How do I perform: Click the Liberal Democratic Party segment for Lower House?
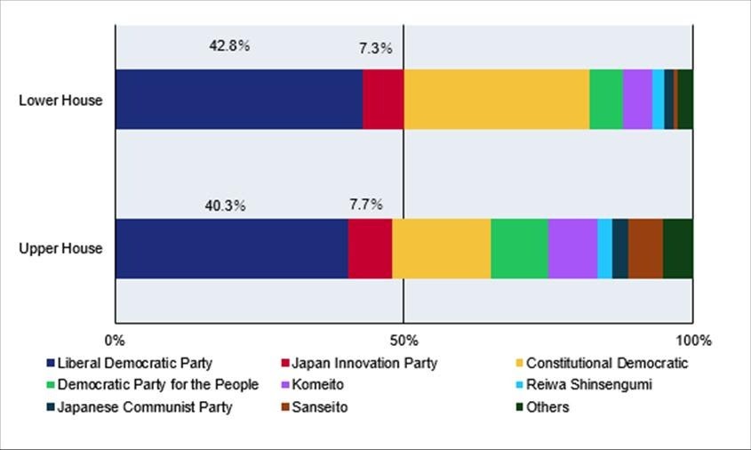click(238, 99)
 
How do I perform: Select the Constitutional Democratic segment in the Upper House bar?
click(441, 248)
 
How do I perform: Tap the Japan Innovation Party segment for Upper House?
click(370, 248)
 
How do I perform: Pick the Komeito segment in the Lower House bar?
click(637, 99)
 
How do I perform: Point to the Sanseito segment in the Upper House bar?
click(645, 248)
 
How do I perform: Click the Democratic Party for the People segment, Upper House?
click(519, 248)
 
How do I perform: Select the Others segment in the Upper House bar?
click(677, 248)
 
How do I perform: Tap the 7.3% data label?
click(376, 49)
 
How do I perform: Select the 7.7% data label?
click(365, 204)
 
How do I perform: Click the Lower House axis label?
click(61, 100)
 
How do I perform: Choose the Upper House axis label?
click(61, 248)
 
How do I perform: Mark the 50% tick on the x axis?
click(403, 341)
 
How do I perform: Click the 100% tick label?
click(692, 341)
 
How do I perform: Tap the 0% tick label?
click(115, 341)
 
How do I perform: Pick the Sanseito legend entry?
click(319, 407)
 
